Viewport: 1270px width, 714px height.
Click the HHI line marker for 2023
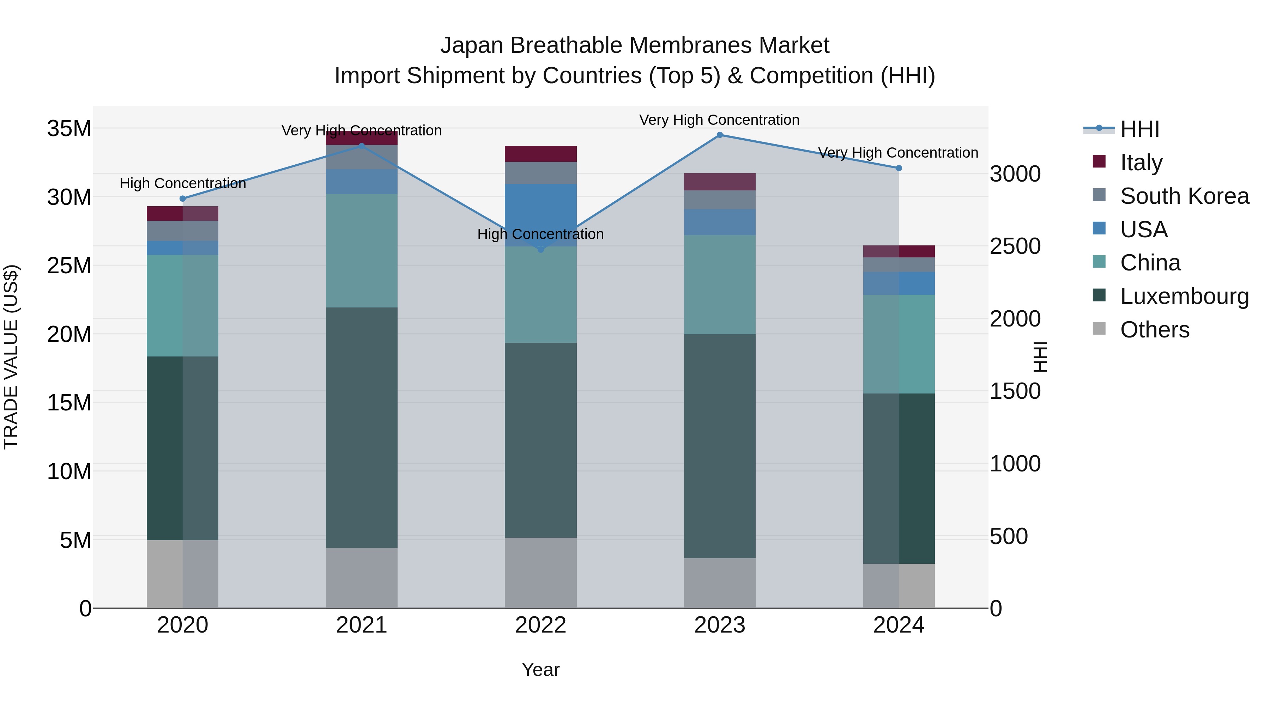(719, 135)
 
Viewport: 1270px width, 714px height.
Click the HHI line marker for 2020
(182, 199)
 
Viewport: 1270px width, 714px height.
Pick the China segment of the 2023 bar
(719, 285)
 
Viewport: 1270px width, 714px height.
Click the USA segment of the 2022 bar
(540, 215)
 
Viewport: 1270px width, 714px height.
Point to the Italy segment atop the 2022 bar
(540, 154)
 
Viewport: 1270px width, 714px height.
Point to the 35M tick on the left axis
(69, 129)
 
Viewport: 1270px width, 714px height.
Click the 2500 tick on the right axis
(1015, 246)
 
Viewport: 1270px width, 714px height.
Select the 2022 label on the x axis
(540, 625)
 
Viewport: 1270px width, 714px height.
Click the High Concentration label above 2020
(182, 183)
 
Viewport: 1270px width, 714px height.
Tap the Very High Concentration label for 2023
(719, 120)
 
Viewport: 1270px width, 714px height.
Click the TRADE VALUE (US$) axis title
(11, 357)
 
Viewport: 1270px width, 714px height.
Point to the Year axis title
(540, 670)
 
